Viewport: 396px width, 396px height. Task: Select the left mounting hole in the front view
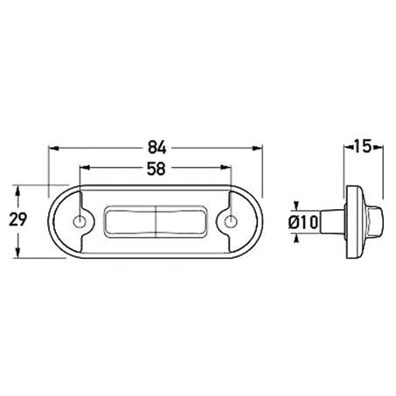[x=80, y=222]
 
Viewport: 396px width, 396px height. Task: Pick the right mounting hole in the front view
[x=233, y=222]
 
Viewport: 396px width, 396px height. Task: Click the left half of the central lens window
[x=129, y=222]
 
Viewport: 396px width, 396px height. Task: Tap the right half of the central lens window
[x=181, y=222]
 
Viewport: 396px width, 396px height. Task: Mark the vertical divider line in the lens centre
[x=156, y=222]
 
